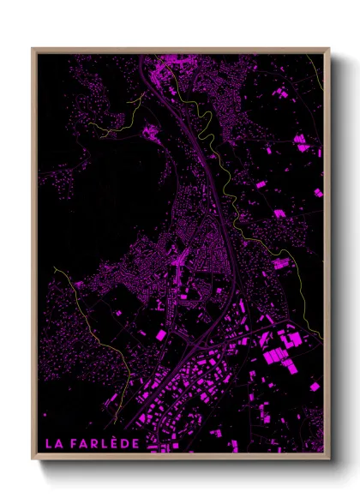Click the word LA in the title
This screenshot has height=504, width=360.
pyautogui.click(x=53, y=443)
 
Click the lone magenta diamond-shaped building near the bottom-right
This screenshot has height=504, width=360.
pyautogui.click(x=315, y=387)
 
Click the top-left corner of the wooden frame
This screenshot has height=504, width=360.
pyautogui.click(x=33, y=49)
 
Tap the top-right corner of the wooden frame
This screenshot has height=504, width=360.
pyautogui.click(x=328, y=49)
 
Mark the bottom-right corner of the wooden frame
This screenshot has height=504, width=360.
pyautogui.click(x=328, y=459)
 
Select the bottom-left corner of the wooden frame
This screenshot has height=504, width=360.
pyautogui.click(x=33, y=459)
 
